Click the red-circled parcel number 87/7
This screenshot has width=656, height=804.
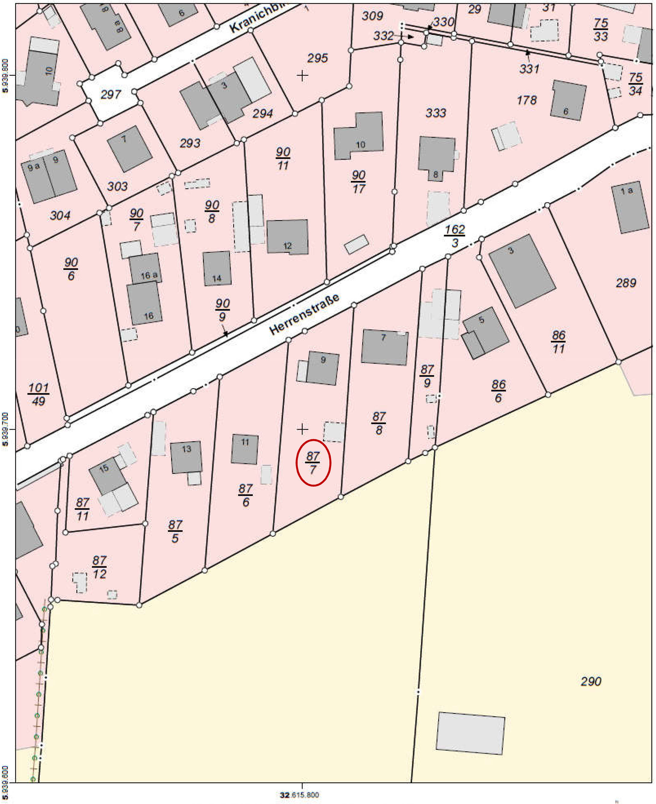313,463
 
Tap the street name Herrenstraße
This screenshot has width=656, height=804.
304,314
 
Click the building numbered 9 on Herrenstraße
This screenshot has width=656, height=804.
322,368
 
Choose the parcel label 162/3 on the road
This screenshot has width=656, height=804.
454,236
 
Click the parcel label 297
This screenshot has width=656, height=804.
111,94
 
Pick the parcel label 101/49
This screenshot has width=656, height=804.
38,394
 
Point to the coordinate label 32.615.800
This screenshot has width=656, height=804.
300,795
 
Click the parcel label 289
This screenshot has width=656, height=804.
626,283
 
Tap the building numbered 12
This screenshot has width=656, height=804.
287,237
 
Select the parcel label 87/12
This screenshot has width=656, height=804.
99,567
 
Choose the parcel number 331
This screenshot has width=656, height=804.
529,69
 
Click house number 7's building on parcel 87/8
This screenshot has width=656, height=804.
385,347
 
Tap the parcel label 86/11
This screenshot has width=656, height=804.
559,342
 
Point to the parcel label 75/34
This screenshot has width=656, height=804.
636,84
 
